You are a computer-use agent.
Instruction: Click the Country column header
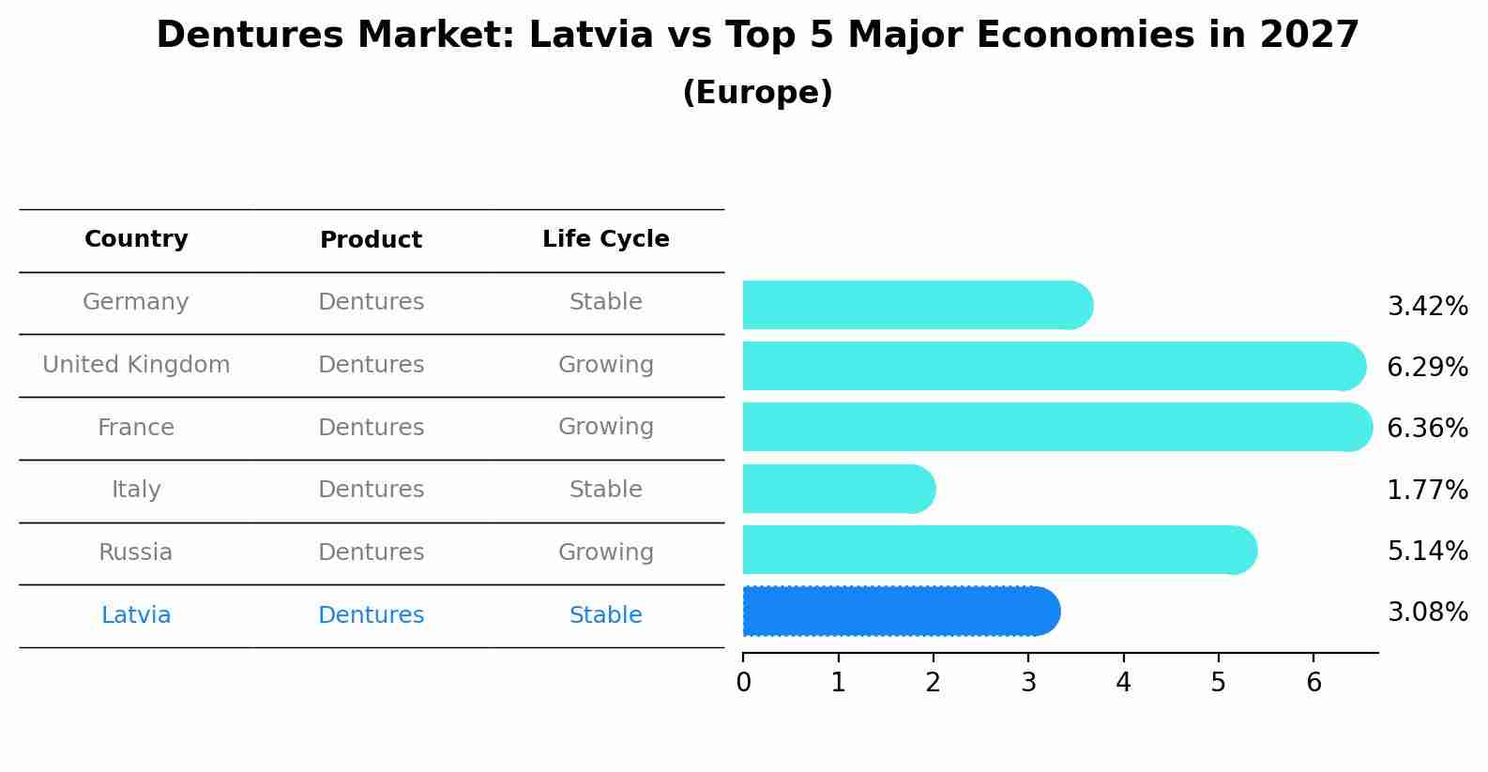click(136, 239)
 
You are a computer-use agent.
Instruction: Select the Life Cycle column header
click(605, 239)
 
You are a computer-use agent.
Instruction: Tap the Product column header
click(371, 240)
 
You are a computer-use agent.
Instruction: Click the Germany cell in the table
click(136, 302)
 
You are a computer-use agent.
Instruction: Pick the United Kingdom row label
click(136, 365)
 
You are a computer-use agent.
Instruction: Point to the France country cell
click(136, 428)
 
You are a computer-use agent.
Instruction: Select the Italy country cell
click(136, 490)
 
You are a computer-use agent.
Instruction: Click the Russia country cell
click(136, 553)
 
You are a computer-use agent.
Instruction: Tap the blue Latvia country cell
click(136, 615)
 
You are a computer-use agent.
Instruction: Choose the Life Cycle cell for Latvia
click(605, 615)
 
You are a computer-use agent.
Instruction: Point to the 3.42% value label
click(1427, 307)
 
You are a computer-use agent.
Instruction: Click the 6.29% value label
click(1427, 368)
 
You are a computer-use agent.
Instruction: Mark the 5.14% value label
click(1427, 551)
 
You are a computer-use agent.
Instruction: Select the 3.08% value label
click(1427, 613)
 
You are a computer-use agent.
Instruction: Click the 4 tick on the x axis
click(1123, 683)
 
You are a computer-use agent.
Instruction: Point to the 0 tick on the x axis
click(743, 683)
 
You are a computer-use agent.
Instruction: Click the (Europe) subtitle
click(757, 93)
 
